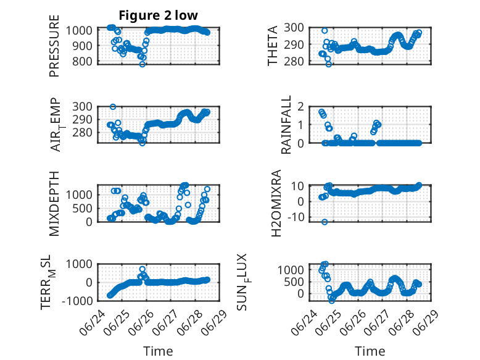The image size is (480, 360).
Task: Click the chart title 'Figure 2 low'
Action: pyautogui.click(x=159, y=15)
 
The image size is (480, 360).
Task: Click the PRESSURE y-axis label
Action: pyautogui.click(x=54, y=46)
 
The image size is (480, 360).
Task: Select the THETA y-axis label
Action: pyautogui.click(x=272, y=46)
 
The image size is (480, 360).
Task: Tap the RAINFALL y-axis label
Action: pyautogui.click(x=286, y=124)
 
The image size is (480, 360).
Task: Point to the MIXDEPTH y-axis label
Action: pyautogui.click(x=54, y=203)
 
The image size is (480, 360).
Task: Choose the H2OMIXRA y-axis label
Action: pyautogui.click(x=276, y=203)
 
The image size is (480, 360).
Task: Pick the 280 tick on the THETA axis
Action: pyautogui.click(x=294, y=61)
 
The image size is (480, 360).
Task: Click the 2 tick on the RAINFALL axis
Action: pyautogui.click(x=300, y=107)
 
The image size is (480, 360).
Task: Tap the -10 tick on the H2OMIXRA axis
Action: pyautogui.click(x=296, y=217)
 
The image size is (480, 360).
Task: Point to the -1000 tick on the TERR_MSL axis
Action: pyautogui.click(x=77, y=301)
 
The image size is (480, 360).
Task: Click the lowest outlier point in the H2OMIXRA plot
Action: pyautogui.click(x=325, y=222)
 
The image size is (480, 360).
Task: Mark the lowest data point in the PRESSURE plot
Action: pyautogui.click(x=142, y=64)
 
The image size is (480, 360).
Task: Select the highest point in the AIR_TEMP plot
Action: pyautogui.click(x=113, y=107)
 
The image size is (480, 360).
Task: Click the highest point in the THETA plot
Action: pyautogui.click(x=325, y=31)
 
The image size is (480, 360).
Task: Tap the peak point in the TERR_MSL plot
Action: pyautogui.click(x=143, y=269)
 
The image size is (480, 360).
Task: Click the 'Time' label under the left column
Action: pyautogui.click(x=158, y=351)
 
